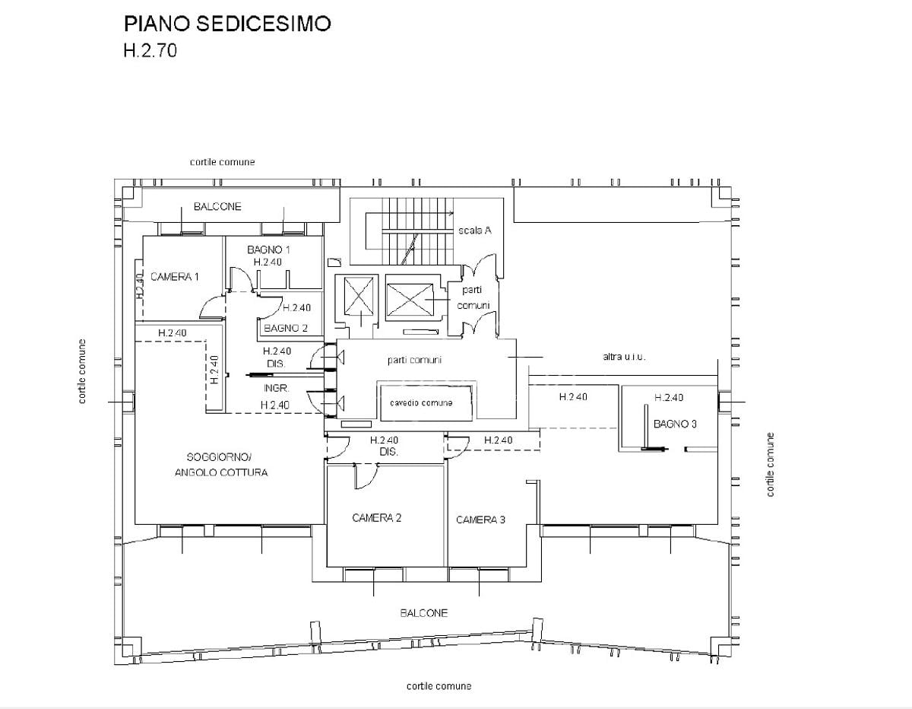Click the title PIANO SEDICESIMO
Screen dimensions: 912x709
(227, 24)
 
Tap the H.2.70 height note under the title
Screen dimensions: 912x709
(150, 51)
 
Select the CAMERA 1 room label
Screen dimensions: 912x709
(175, 277)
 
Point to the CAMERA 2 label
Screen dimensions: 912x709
(376, 518)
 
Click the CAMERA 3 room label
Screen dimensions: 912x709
(480, 520)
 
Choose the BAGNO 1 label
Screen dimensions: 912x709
(268, 250)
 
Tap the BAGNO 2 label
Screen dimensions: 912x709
(286, 328)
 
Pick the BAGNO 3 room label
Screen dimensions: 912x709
(676, 424)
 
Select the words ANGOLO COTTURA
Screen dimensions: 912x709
(221, 472)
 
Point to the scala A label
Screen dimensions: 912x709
(475, 231)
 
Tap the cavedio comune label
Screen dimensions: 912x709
(421, 403)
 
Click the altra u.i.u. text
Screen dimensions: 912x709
(624, 357)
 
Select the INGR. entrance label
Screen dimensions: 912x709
(276, 388)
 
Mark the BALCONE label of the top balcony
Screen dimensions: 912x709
(217, 207)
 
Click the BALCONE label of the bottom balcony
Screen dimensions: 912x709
(424, 613)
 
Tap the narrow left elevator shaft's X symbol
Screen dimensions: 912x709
(359, 296)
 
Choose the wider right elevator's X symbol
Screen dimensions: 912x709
(410, 300)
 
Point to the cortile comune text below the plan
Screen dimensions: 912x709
(439, 686)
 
